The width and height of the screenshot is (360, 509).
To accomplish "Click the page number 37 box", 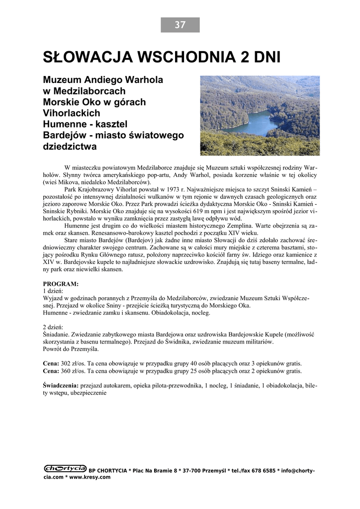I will point(180,25).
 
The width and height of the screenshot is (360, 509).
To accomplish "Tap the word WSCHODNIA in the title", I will point(183,58).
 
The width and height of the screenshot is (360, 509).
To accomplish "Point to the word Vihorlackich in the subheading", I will point(72,113).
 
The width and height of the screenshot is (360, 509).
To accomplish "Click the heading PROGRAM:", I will point(61,284).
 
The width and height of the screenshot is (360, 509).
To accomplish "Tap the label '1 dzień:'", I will point(53,290).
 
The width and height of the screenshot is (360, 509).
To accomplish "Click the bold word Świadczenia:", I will point(61,385).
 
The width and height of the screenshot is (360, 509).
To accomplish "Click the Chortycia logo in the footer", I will point(65,468).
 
